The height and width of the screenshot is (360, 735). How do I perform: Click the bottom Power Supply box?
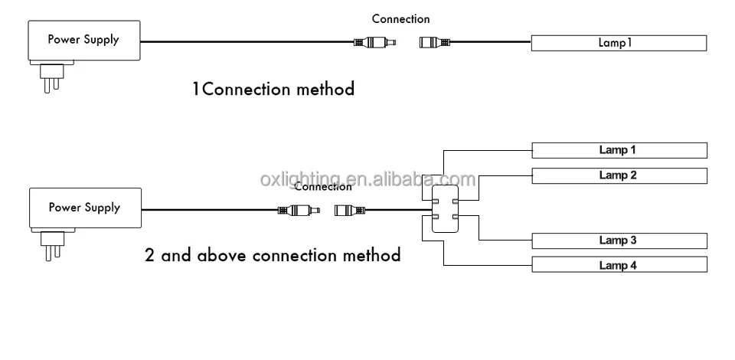[84, 208]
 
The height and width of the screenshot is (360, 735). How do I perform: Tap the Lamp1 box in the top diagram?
[619, 43]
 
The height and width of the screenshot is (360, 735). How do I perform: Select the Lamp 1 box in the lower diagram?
[619, 150]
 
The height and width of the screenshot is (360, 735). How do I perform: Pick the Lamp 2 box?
[619, 175]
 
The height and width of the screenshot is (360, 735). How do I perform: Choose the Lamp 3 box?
[619, 241]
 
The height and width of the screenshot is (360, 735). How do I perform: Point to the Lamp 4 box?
[619, 265]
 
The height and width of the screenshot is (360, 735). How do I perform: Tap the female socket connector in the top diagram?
[435, 42]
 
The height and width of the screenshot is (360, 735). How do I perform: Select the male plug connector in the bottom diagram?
[298, 209]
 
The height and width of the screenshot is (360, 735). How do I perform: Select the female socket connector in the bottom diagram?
[351, 209]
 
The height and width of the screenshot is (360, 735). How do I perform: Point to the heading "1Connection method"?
[273, 90]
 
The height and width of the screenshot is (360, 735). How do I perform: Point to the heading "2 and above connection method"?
[273, 254]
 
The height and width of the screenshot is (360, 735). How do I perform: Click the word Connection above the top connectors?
[400, 19]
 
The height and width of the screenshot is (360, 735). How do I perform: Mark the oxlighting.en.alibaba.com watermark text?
[367, 179]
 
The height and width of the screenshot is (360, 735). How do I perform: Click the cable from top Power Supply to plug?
[245, 42]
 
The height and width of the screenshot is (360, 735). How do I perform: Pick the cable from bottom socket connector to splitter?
[398, 209]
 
